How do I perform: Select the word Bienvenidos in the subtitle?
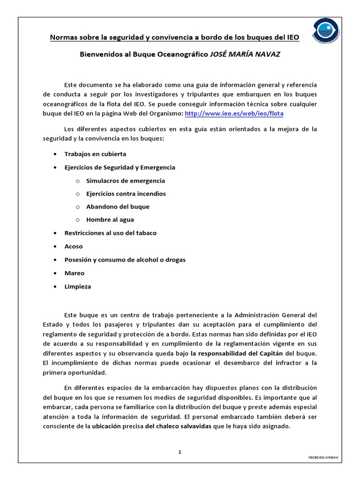click(x=100, y=54)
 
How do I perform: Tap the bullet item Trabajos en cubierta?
click(x=95, y=154)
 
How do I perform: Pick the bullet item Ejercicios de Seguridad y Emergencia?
click(x=120, y=167)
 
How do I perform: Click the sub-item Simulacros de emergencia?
click(x=125, y=180)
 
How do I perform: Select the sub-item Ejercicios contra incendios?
click(x=126, y=194)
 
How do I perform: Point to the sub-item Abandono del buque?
click(x=118, y=207)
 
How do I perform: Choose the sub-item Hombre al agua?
click(x=110, y=220)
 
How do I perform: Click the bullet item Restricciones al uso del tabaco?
click(x=110, y=233)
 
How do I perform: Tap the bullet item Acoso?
click(x=74, y=246)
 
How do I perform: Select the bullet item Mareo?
click(x=75, y=273)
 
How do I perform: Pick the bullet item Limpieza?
click(x=78, y=286)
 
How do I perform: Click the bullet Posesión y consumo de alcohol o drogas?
click(x=125, y=260)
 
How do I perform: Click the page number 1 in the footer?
click(x=180, y=452)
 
